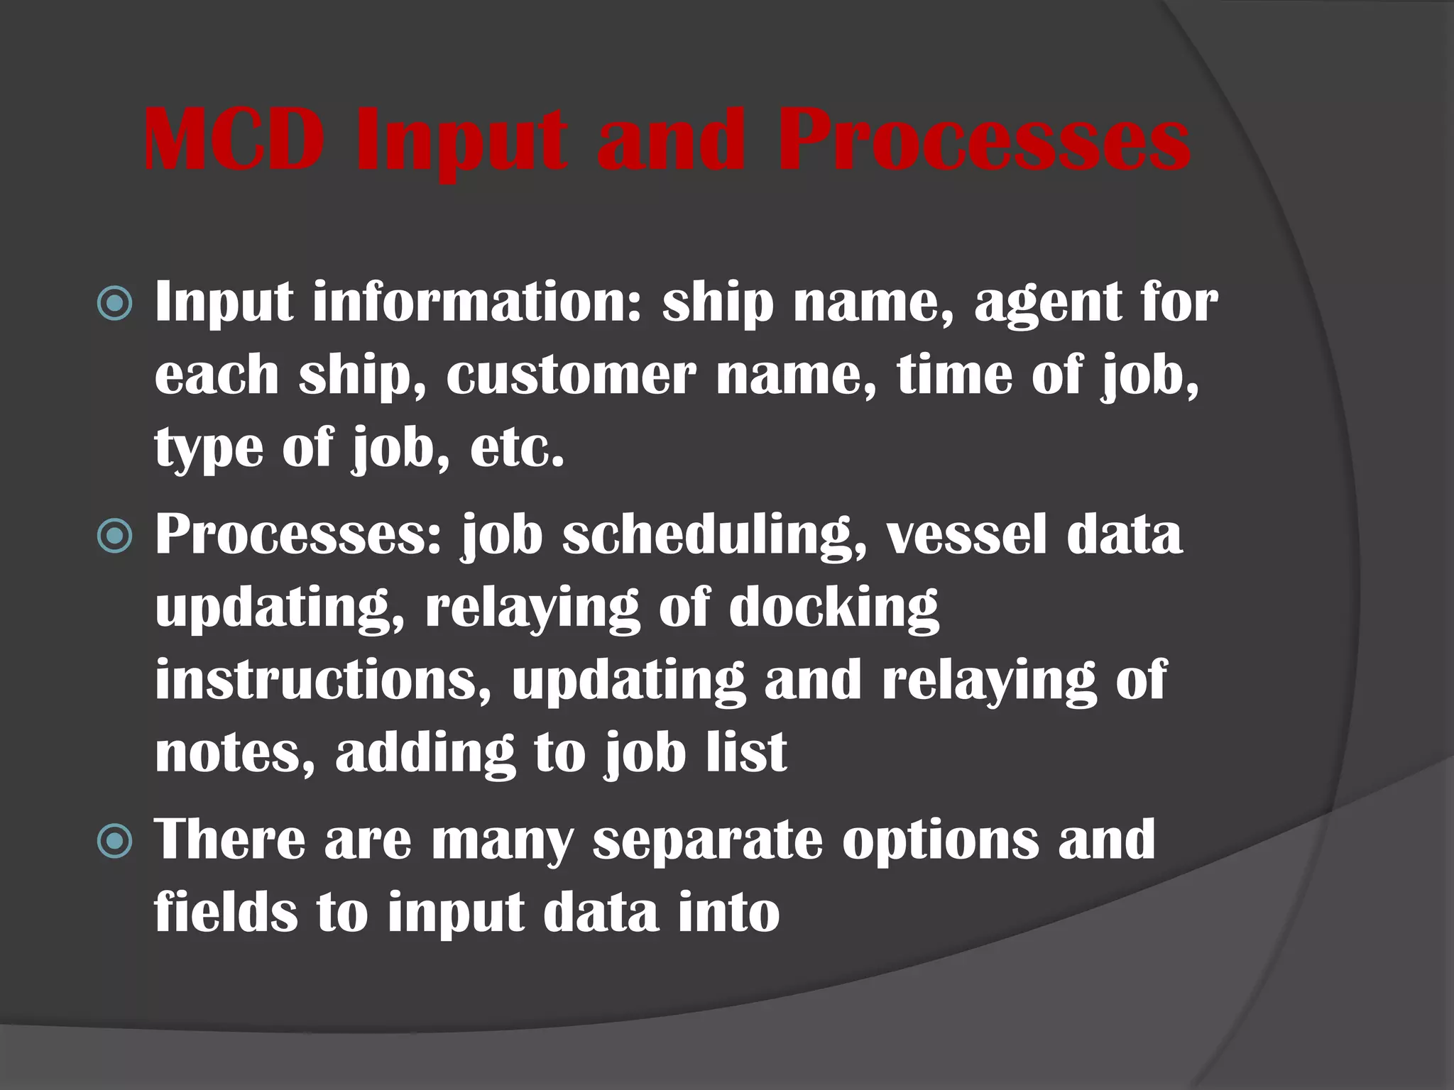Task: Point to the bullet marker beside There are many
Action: click(114, 841)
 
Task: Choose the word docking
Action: click(834, 609)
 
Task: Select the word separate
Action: click(707, 842)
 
